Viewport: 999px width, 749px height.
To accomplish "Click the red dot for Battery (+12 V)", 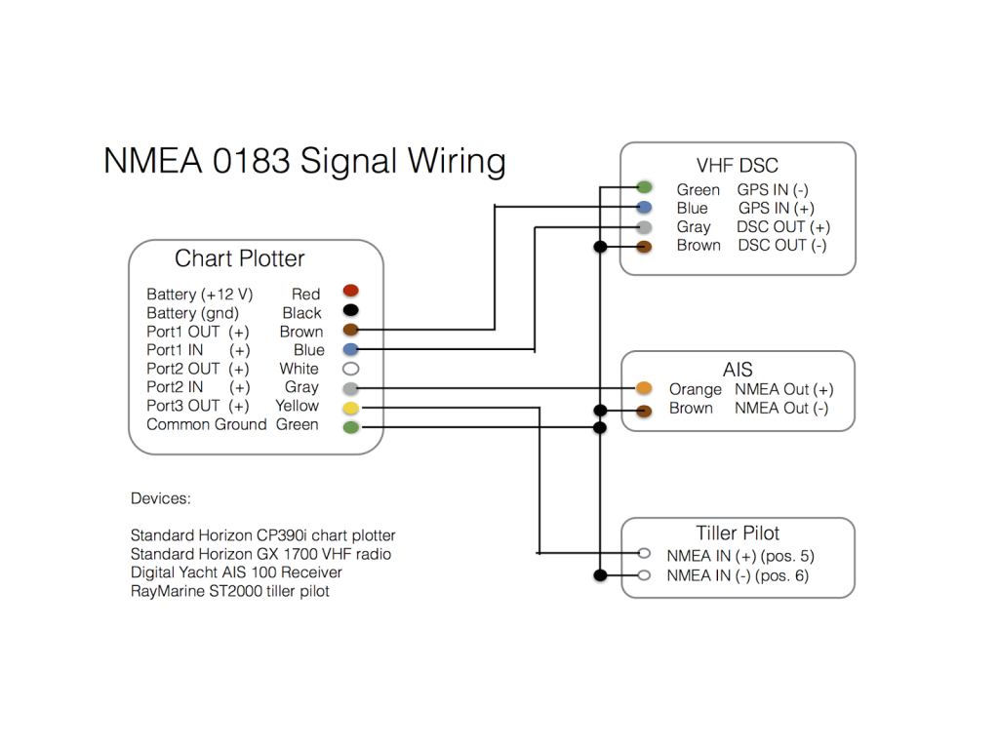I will point(351,291).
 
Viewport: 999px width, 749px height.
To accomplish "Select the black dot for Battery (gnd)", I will point(351,311).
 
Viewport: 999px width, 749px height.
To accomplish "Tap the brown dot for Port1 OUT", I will point(351,331).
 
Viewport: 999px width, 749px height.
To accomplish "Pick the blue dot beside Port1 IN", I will point(351,349).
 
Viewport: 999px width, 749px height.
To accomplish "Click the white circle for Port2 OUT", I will point(351,369).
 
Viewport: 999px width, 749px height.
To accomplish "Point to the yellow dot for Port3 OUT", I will point(351,407).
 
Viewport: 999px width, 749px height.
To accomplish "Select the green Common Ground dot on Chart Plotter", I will point(351,426).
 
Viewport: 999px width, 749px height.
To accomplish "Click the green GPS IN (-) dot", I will point(644,187).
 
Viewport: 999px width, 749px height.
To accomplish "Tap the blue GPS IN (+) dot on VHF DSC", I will point(644,208).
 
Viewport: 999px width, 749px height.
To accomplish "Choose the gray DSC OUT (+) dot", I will point(644,227).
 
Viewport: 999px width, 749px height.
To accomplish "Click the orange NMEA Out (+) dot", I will point(644,388).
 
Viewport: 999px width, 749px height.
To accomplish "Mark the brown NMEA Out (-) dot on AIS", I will point(644,411).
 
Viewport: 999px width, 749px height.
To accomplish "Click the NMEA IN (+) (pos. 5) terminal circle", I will point(644,555).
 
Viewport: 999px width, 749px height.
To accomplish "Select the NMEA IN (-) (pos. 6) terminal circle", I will point(644,575).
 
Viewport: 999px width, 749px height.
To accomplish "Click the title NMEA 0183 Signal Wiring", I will point(304,161).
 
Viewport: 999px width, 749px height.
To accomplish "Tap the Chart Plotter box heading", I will point(240,258).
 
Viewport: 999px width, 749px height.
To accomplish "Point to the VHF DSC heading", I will point(738,165).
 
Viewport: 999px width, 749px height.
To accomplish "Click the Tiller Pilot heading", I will point(738,532).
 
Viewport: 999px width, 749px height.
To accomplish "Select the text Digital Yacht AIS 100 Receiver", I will point(236,572).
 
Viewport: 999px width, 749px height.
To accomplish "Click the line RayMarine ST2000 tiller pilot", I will point(230,591).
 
